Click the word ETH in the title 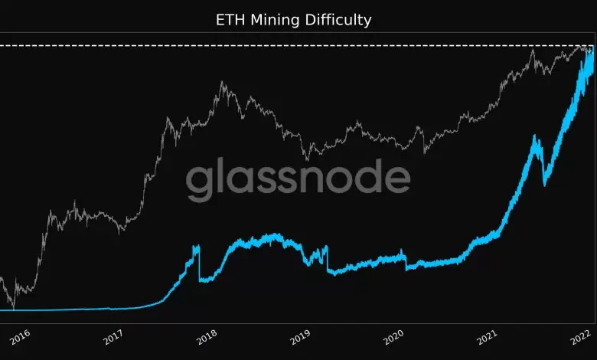pos(229,20)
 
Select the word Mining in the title pos(276,20)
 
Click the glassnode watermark pos(298,179)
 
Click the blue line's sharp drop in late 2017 pos(199,264)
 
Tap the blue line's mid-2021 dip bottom pos(544,184)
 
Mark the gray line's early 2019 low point pos(307,159)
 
